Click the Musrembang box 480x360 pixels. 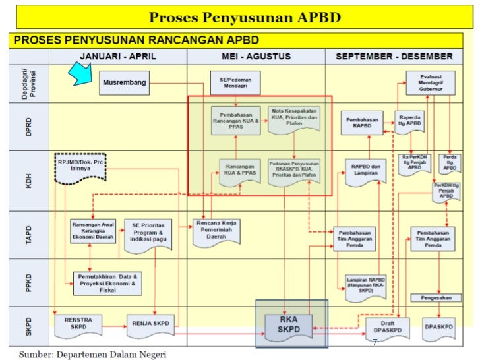125,84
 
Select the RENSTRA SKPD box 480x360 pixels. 78,323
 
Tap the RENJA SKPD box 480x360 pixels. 150,323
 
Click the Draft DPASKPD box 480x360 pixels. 387,326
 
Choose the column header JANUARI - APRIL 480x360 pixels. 118,57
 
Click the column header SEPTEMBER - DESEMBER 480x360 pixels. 394,57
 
